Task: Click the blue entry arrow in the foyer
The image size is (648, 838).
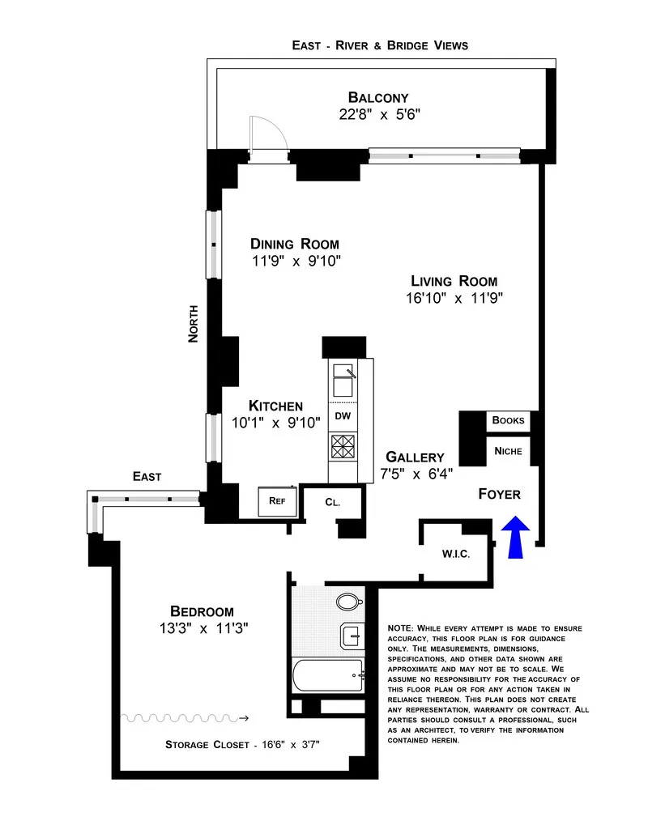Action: [515, 538]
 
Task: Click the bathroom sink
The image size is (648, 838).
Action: [353, 636]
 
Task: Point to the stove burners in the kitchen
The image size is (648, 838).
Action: [341, 446]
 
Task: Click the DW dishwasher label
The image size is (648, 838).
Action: [342, 416]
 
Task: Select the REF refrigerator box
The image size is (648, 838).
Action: [278, 500]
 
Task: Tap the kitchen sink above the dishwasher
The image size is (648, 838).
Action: [343, 377]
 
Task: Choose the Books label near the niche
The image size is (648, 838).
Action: [509, 420]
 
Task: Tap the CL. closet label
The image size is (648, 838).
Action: [332, 502]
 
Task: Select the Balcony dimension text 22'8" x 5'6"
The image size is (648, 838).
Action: [380, 115]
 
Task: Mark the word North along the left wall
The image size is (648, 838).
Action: [194, 323]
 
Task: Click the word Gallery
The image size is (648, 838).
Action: [415, 457]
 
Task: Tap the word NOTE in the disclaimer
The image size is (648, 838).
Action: [401, 628]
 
